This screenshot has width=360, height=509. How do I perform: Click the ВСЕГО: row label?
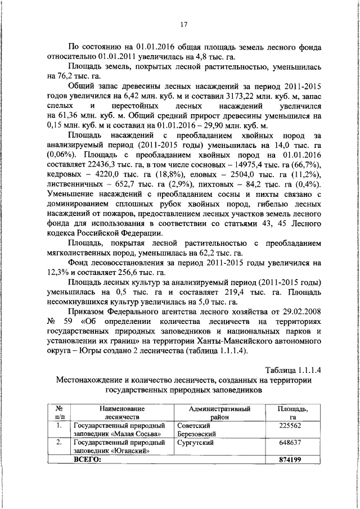click(x=89, y=460)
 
